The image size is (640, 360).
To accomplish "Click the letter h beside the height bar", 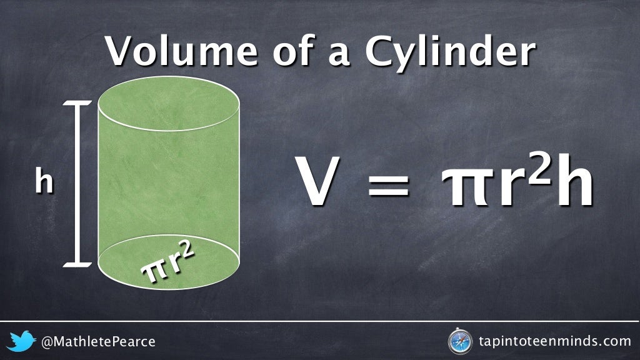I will (44, 181).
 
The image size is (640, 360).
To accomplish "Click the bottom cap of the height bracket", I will (77, 264).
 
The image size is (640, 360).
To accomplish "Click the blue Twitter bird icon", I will (23, 341).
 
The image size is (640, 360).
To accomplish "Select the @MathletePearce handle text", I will (98, 342).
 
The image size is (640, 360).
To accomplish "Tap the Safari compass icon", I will (459, 341).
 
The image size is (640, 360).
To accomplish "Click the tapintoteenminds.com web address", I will (554, 341).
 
